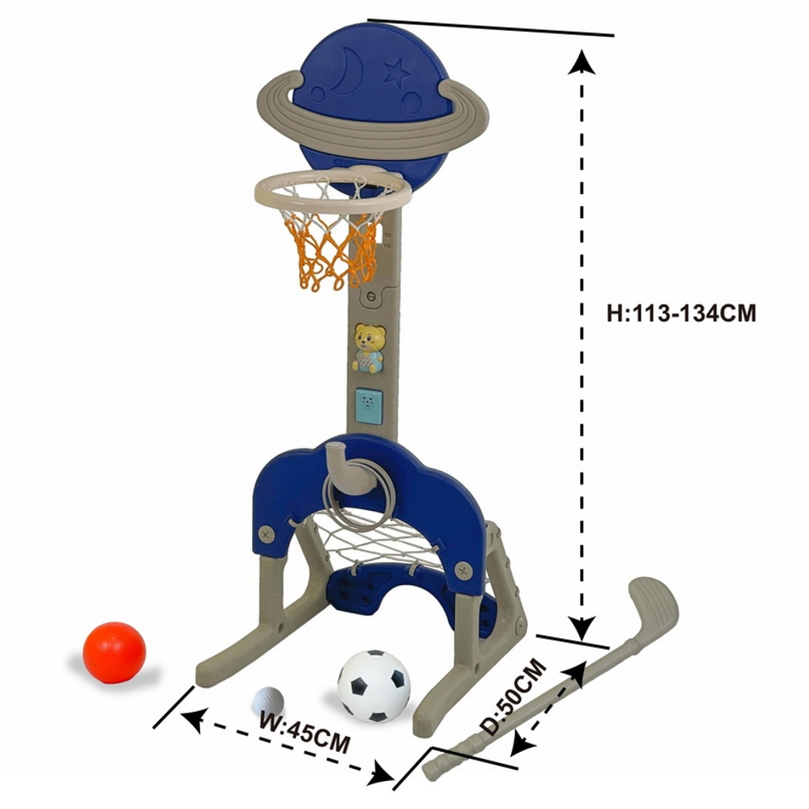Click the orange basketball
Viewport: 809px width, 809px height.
pyautogui.click(x=115, y=653)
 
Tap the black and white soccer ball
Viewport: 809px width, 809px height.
pyautogui.click(x=374, y=686)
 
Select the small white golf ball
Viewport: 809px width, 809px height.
pyautogui.click(x=268, y=701)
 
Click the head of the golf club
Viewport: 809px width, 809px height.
pyautogui.click(x=652, y=608)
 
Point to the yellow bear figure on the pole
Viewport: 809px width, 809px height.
pyautogui.click(x=369, y=347)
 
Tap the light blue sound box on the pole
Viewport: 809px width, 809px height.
pyautogui.click(x=369, y=406)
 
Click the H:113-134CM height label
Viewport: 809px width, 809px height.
pyautogui.click(x=681, y=313)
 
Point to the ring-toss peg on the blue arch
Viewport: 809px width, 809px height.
pyautogui.click(x=343, y=467)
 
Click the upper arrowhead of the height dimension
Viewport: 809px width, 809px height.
pyautogui.click(x=582, y=60)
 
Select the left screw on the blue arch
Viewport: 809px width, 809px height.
pyautogui.click(x=267, y=533)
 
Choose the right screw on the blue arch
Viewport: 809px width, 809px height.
pyautogui.click(x=463, y=570)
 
